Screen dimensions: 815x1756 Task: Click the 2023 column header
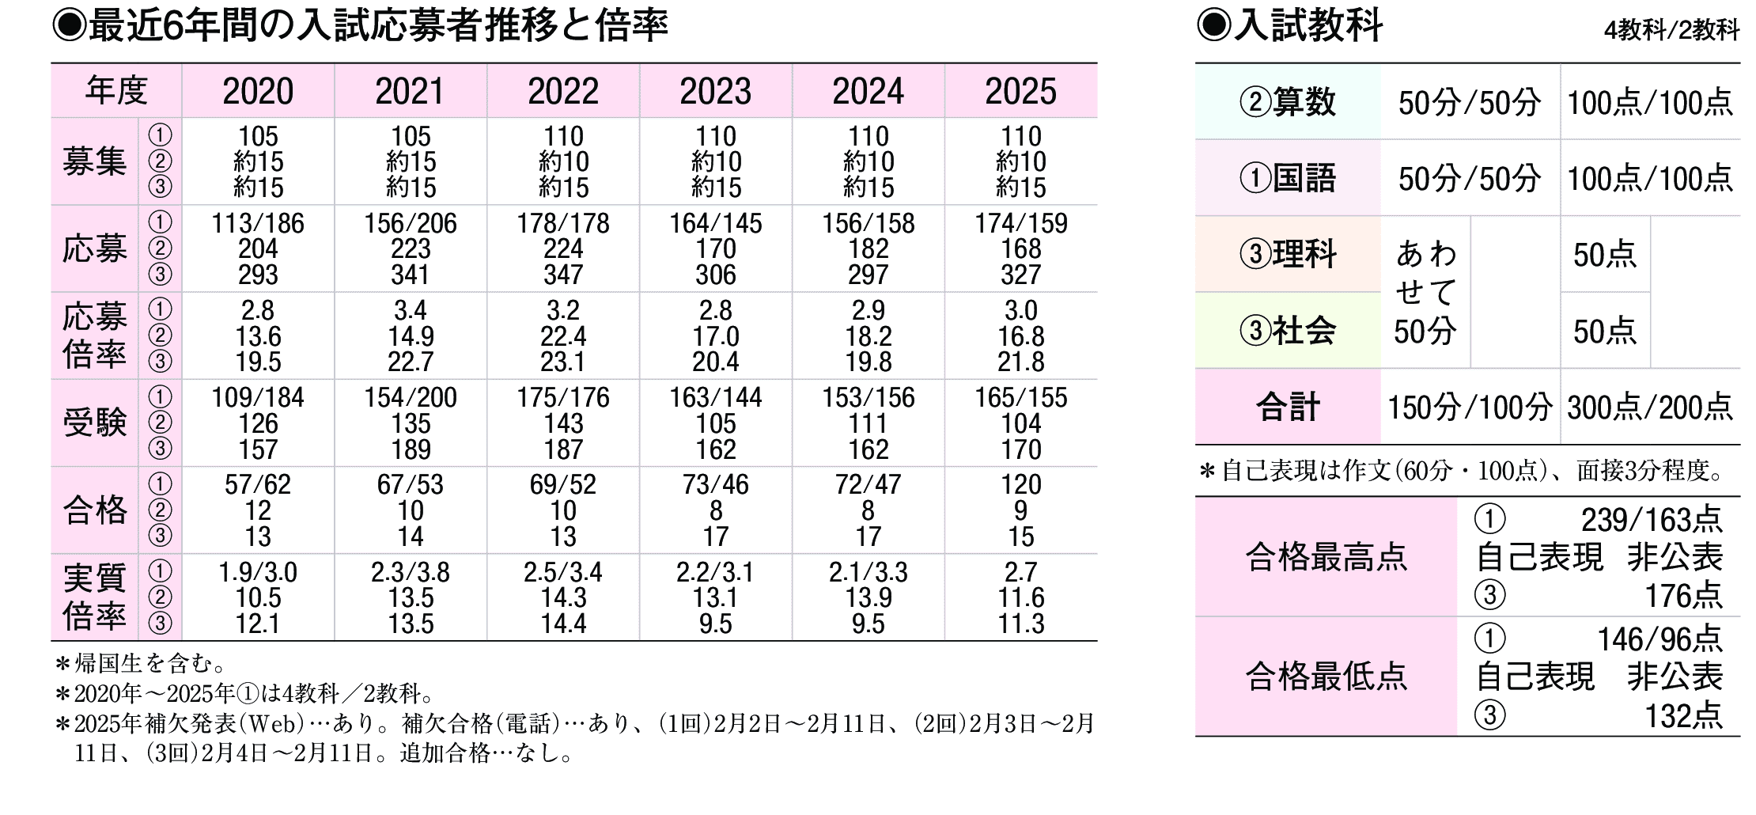point(715,92)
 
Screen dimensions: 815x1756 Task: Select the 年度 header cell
point(116,91)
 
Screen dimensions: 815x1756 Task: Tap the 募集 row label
point(94,162)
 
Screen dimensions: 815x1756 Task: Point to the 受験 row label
point(94,423)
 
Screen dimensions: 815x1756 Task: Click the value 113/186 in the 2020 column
point(258,224)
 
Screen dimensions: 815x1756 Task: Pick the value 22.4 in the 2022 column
point(563,336)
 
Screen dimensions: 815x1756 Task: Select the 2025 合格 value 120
point(1020,484)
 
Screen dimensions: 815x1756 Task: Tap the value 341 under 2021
point(411,275)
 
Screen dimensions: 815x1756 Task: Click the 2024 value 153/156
point(868,397)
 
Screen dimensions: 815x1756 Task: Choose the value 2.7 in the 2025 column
point(1020,572)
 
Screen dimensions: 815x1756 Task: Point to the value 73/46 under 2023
point(715,484)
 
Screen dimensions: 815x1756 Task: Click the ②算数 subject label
point(1288,102)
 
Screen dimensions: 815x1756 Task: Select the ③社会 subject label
point(1288,331)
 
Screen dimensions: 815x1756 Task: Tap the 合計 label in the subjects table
point(1288,407)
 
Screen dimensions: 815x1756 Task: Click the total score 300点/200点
point(1649,407)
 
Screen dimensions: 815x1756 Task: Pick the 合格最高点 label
point(1326,557)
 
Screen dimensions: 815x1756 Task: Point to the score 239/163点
point(1651,520)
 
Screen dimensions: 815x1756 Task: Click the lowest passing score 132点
point(1682,716)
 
